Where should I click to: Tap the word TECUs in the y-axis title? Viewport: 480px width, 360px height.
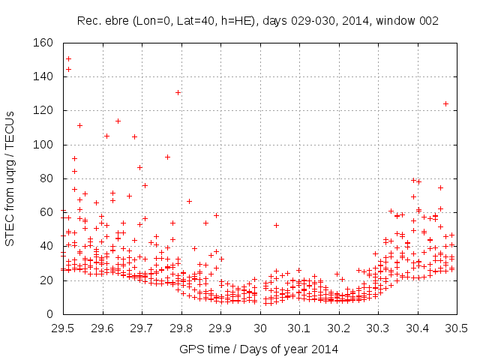pos(10,124)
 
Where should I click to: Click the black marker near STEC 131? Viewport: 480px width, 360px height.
pos(178,92)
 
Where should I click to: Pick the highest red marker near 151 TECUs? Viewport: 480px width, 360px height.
pos(69,58)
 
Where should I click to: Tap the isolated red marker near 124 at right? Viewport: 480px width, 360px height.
pos(445,103)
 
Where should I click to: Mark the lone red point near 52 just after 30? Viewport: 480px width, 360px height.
pos(276,225)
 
